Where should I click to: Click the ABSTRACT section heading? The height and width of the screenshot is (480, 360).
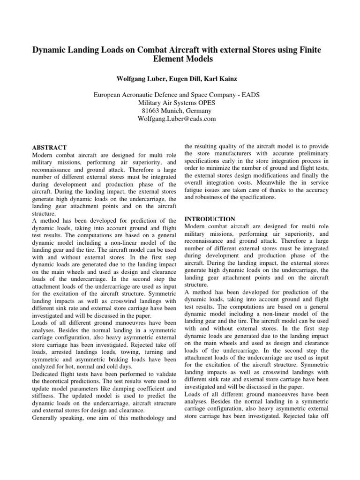[x=49, y=148]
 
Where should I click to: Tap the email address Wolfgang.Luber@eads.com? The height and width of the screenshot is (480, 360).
[x=180, y=119]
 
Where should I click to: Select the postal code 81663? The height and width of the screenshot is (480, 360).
[x=152, y=111]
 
